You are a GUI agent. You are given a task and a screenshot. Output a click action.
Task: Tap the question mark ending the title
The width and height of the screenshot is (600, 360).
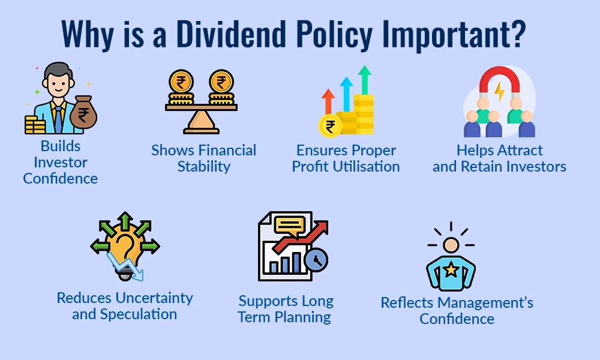(x=516, y=34)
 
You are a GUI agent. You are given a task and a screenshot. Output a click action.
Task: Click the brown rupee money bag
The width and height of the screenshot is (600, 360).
(x=83, y=113)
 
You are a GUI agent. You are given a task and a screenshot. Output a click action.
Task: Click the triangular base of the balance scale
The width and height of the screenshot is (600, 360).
(x=201, y=124)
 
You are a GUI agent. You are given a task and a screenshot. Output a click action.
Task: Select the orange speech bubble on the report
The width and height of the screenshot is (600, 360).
(x=289, y=226)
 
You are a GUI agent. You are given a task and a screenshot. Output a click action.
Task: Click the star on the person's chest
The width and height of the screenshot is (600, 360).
(x=451, y=271)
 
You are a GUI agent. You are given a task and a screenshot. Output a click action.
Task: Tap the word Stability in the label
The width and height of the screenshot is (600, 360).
(x=203, y=167)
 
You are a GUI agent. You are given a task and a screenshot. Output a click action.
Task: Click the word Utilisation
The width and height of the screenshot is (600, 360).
(x=366, y=167)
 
